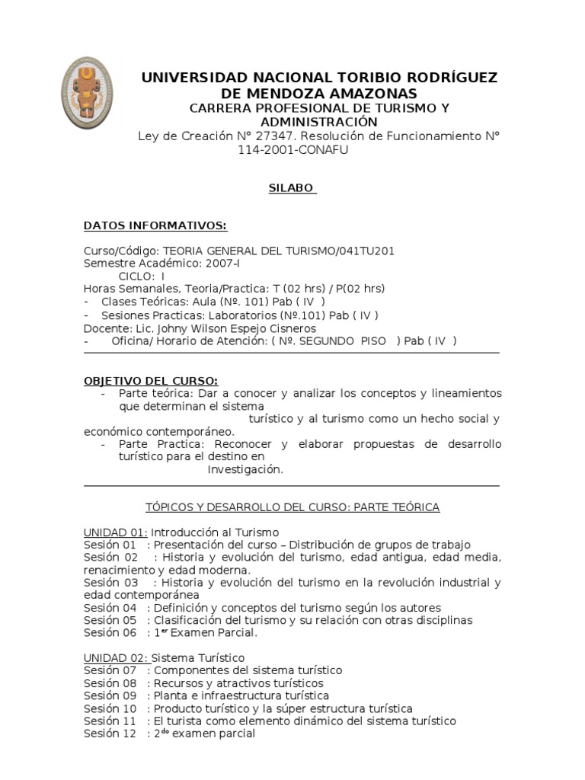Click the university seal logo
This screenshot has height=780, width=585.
[88, 93]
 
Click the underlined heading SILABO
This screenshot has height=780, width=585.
[292, 188]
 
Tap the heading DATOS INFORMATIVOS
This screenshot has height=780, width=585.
[155, 225]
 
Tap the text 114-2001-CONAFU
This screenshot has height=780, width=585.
[293, 149]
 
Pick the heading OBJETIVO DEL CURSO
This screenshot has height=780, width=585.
[150, 381]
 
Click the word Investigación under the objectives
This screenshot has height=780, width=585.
[245, 470]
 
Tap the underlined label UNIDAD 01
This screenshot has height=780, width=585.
[114, 532]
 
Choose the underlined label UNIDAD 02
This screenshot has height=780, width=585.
[114, 657]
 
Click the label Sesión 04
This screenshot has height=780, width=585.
[110, 608]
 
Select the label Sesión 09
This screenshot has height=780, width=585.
[110, 695]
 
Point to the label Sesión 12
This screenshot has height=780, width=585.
[110, 734]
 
